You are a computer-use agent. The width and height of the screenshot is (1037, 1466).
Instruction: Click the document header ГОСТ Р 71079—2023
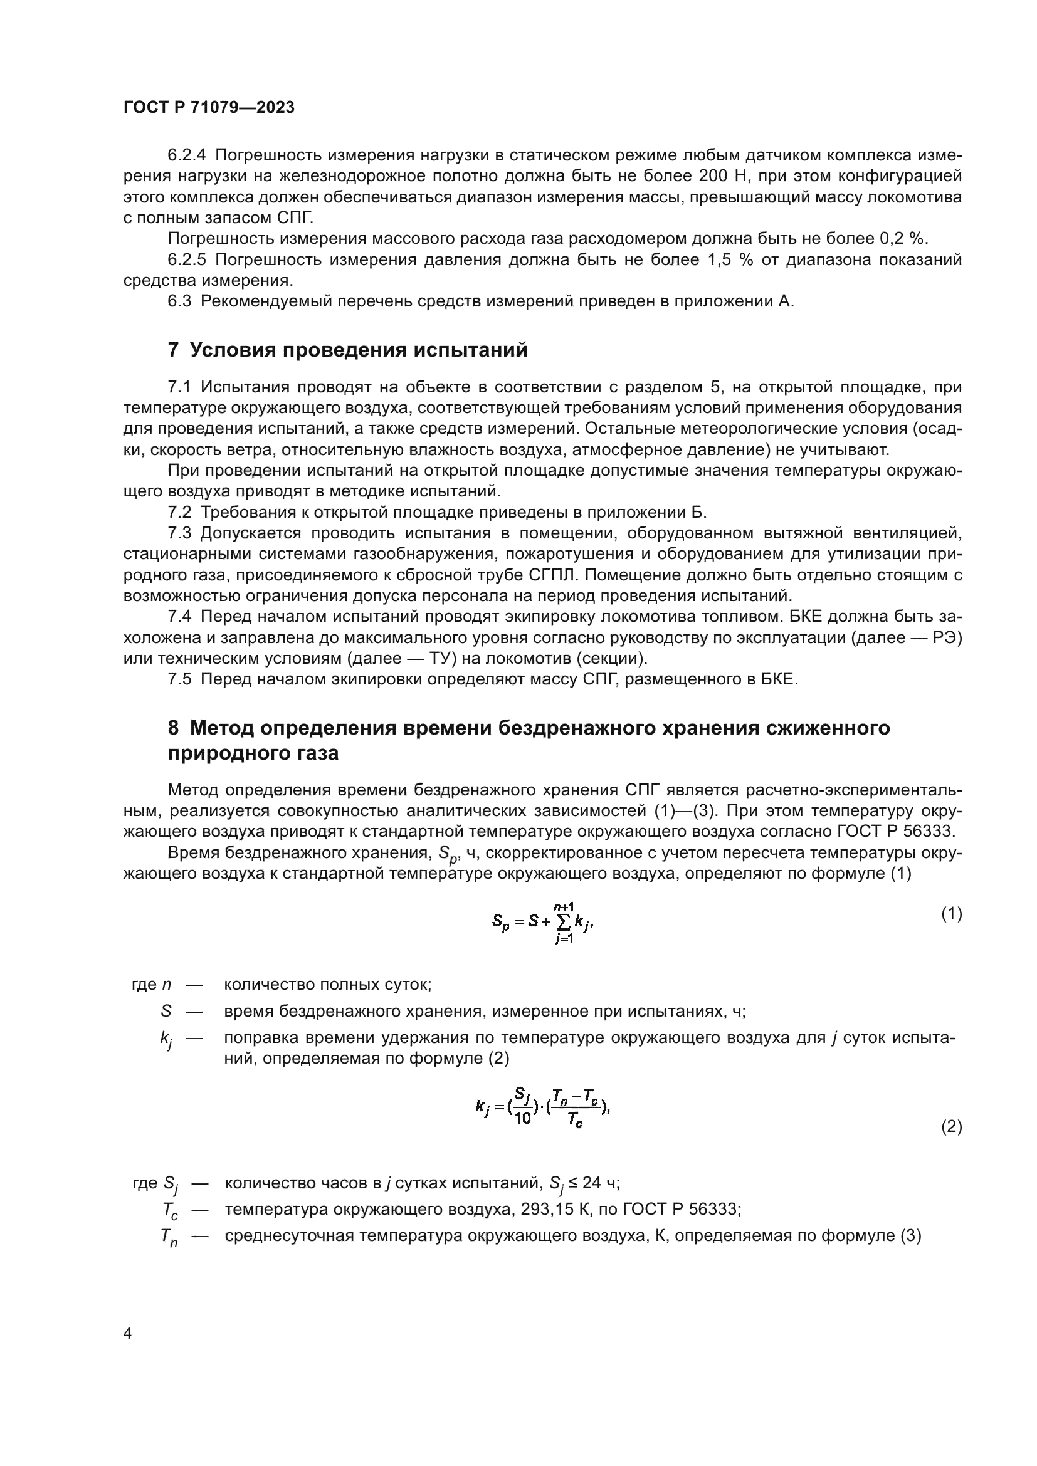point(209,108)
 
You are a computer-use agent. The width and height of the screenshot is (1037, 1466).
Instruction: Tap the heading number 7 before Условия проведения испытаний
point(173,350)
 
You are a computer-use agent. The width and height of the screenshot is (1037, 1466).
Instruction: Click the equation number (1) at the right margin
point(952,914)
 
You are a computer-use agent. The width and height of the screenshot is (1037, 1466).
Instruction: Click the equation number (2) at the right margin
point(952,1127)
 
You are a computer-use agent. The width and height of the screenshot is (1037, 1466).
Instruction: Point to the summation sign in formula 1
point(562,921)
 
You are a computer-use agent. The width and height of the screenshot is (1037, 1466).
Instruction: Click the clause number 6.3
point(179,301)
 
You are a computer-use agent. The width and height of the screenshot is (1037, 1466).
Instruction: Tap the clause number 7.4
point(179,617)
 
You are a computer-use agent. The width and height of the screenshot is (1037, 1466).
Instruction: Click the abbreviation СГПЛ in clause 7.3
point(553,575)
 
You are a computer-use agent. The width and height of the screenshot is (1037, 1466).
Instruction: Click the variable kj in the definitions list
point(166,1040)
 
